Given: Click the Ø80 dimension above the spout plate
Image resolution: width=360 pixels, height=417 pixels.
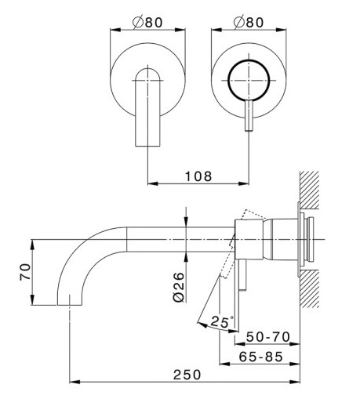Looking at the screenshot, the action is (147, 22).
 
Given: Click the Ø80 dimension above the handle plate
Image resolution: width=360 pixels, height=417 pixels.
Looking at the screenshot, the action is (249, 22).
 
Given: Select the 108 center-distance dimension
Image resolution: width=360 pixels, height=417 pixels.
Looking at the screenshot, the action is (198, 176).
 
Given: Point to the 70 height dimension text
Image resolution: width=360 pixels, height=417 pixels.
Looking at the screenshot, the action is (25, 272).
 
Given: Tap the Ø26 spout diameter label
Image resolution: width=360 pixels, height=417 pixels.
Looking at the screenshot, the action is (179, 287).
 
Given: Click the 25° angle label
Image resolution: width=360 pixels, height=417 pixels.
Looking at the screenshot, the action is (222, 322).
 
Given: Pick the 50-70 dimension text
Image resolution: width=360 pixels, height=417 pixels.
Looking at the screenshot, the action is (267, 337).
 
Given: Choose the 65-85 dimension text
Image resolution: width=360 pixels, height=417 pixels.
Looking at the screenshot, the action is (260, 357).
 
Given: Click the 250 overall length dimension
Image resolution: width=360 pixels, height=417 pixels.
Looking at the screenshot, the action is (187, 375).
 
